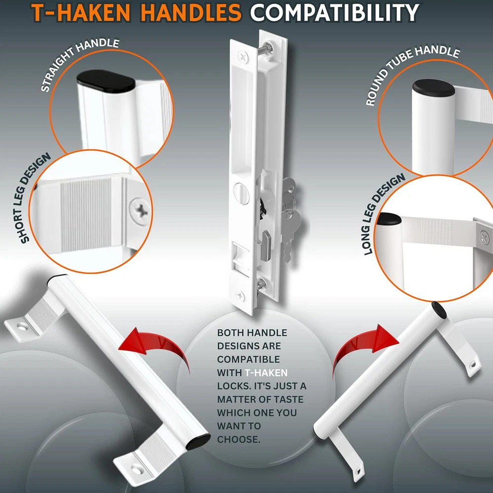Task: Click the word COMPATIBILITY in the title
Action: tap(334, 13)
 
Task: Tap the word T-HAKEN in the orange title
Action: tap(81, 13)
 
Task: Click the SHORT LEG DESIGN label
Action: tap(35, 198)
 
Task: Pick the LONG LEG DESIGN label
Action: tap(384, 214)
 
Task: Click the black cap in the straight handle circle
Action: tap(106, 81)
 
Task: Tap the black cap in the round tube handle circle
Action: tap(433, 88)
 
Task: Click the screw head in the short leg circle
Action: tap(140, 211)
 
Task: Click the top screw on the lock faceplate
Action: tap(243, 57)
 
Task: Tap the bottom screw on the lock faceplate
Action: tap(240, 295)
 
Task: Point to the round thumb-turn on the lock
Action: tap(241, 194)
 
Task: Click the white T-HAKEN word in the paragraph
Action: tap(266, 373)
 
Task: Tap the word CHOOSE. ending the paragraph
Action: tap(239, 439)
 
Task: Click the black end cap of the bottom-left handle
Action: tap(198, 442)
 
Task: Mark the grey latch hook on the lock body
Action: tap(266, 245)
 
